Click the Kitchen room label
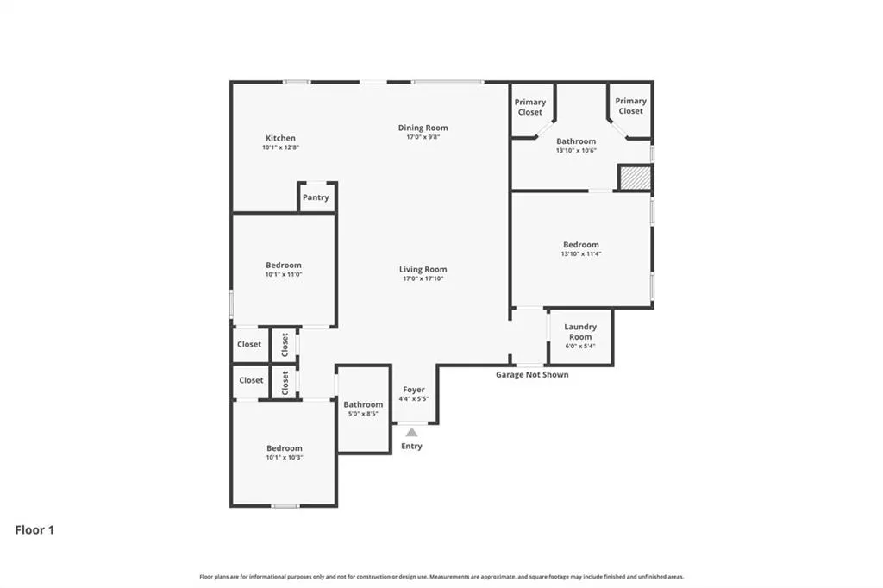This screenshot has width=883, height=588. click(x=280, y=138)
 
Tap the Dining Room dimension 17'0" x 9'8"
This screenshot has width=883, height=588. click(x=423, y=137)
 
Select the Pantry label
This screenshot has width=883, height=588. click(x=316, y=197)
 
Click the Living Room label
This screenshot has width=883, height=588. click(x=423, y=269)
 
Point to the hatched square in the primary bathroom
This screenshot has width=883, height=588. click(x=636, y=178)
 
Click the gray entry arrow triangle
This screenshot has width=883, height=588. click(x=411, y=432)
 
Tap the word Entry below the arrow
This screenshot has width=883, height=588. click(x=411, y=446)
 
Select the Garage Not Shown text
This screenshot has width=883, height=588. click(x=532, y=374)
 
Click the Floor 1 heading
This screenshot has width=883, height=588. click(x=34, y=530)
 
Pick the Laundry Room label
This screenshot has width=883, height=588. click(x=580, y=332)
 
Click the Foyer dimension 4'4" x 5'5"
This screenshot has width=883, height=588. click(x=414, y=399)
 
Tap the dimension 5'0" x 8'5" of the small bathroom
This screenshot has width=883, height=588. click(x=363, y=413)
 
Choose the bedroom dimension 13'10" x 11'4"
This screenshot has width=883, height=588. click(x=581, y=254)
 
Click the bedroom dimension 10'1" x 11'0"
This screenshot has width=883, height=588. click(x=284, y=274)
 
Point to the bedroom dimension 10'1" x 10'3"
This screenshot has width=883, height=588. click(x=285, y=457)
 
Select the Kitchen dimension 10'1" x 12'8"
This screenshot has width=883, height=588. click(x=280, y=147)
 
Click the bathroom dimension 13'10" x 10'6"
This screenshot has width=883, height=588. click(x=576, y=150)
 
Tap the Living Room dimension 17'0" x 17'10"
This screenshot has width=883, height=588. click(x=423, y=278)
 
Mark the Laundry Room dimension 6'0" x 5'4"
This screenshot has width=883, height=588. click(x=580, y=346)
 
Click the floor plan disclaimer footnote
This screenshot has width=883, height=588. click(x=441, y=577)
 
